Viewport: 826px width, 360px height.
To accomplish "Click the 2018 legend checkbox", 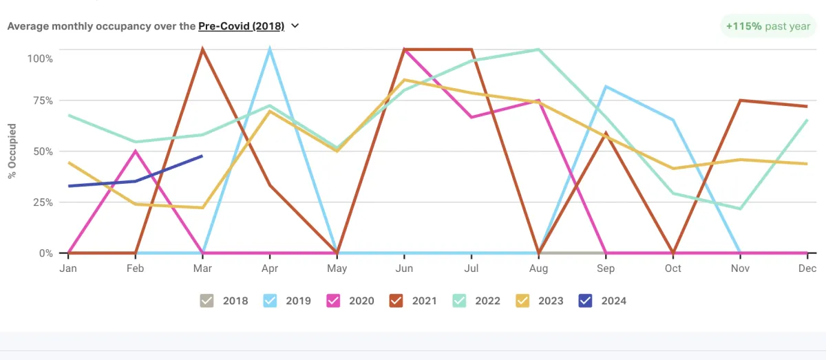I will coord(207,301).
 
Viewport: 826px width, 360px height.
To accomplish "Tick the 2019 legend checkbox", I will coord(270,301).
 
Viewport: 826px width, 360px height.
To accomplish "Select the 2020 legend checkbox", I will coord(332,301).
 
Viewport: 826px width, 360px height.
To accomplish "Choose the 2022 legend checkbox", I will coord(458,301).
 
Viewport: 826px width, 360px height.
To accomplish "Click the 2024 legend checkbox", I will coord(584,301).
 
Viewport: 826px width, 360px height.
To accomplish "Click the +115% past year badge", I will coord(767,26).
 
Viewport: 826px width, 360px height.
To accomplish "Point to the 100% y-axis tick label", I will coord(40,59).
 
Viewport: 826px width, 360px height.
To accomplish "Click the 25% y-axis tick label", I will coord(43,202).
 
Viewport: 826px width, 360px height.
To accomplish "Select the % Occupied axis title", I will coord(12,151).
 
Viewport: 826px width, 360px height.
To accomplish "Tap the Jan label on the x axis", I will coord(68,268).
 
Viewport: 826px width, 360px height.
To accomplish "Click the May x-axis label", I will coord(337,268).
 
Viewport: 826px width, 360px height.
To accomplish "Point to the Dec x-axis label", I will coord(807,268).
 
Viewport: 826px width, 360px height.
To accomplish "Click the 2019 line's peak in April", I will coord(270,50).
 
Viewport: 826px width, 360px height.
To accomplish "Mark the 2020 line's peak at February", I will coord(136,151).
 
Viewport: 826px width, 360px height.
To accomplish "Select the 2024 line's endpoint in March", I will coord(202,156).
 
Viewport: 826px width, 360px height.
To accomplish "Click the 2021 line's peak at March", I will coord(202,50).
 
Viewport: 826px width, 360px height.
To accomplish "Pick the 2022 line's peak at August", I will coord(538,50).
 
